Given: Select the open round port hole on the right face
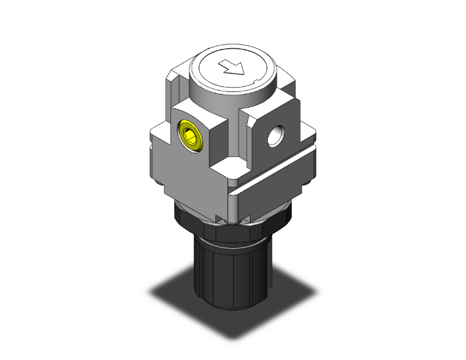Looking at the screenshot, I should point(273,135).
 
